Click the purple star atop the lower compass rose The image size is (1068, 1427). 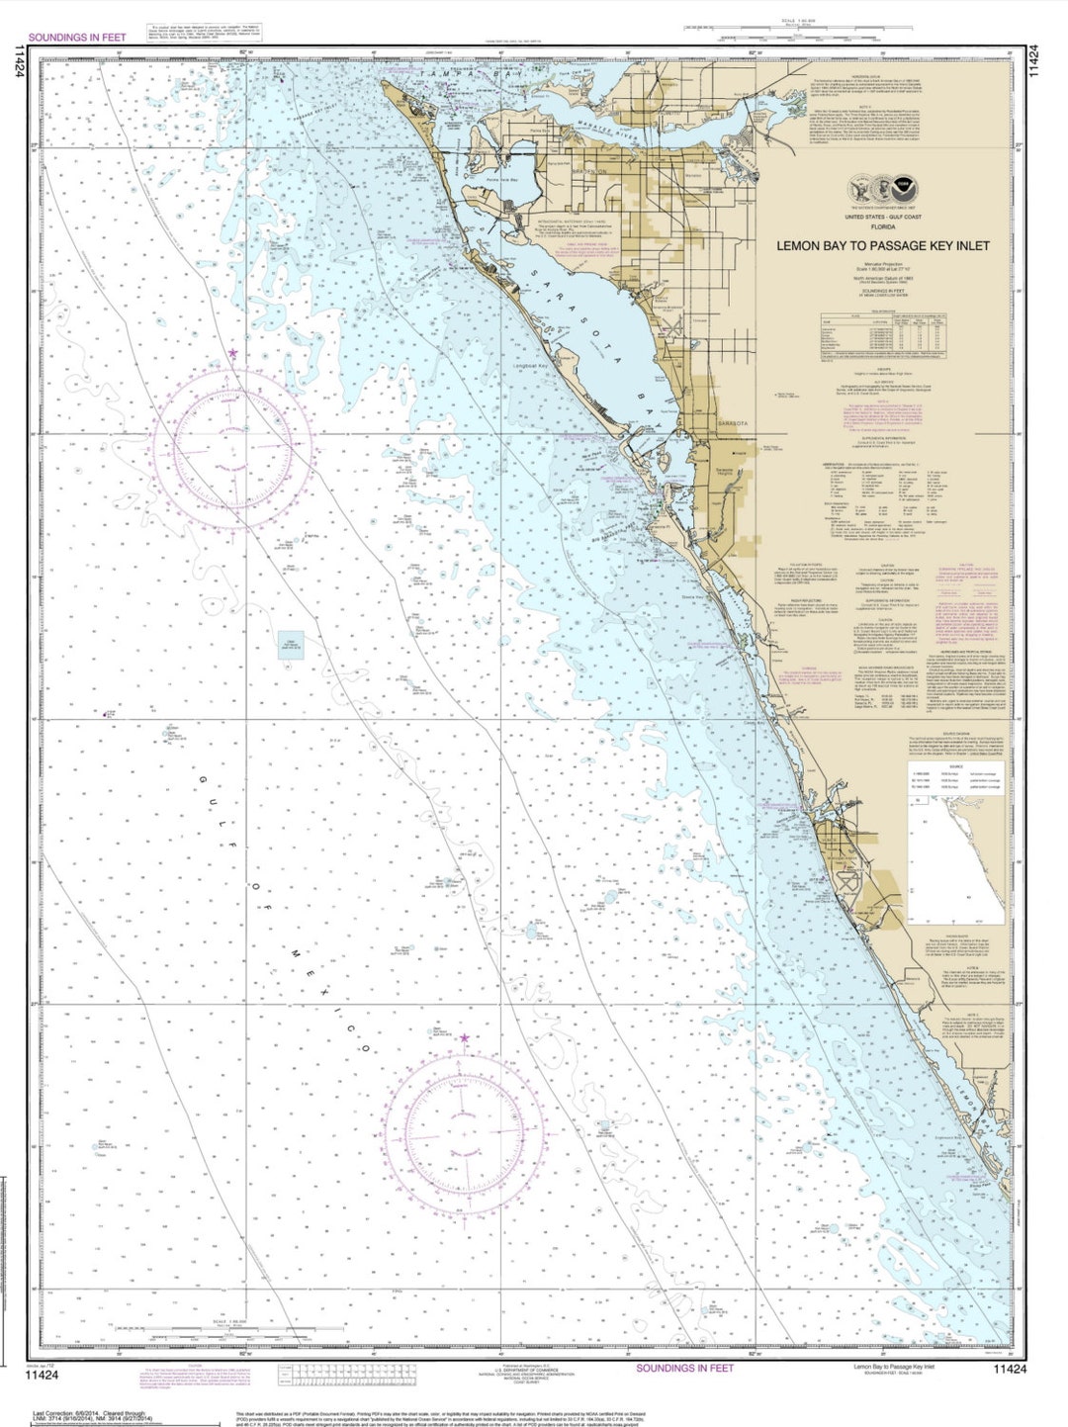[465, 1037]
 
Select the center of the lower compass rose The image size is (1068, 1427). [465, 1128]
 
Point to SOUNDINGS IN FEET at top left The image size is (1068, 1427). [76, 38]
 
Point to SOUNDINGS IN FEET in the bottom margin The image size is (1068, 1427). [684, 1368]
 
